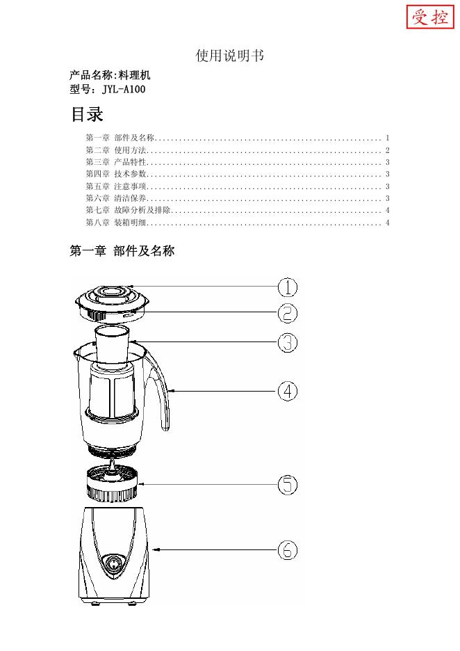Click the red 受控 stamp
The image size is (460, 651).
tap(429, 17)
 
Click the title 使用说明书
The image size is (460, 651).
tap(229, 56)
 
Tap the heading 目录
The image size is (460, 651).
tap(87, 114)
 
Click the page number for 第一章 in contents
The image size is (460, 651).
tap(387, 138)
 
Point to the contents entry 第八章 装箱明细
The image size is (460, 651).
tap(115, 223)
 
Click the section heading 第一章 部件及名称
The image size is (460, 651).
tap(122, 251)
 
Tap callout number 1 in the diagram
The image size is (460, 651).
tap(288, 287)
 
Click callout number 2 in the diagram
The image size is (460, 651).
tap(288, 313)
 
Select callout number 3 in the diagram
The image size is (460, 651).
tap(288, 342)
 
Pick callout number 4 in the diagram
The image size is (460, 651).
tap(288, 391)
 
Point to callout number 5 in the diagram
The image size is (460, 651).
tap(288, 485)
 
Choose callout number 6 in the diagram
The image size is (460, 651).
tap(288, 551)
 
